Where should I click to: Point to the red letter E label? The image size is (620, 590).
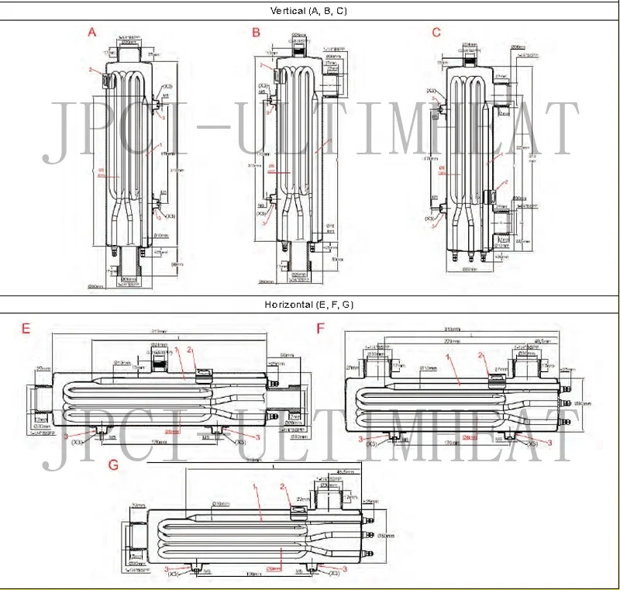point(26,328)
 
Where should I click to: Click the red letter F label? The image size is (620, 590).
point(321,328)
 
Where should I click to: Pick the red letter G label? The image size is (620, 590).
point(114,465)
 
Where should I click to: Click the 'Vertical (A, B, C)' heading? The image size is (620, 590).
point(310,10)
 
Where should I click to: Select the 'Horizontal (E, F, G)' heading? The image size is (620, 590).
point(310,305)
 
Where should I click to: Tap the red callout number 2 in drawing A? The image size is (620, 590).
point(91,70)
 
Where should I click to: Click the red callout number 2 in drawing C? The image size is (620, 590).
point(505,182)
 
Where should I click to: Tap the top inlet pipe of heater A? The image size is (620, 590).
point(127,54)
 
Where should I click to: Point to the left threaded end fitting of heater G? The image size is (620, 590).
point(136,537)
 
